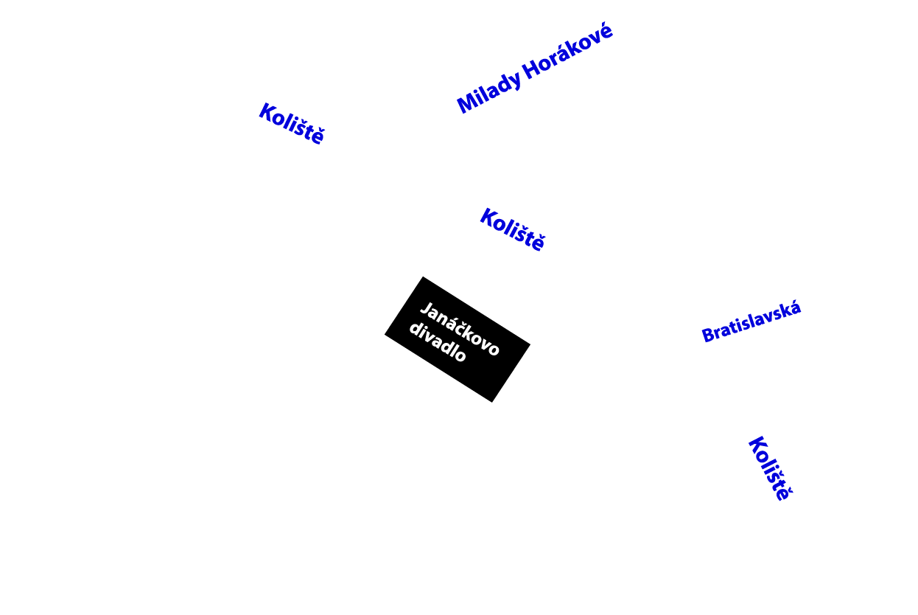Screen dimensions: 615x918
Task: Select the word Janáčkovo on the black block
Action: [460, 329]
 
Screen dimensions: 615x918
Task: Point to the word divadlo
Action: [438, 343]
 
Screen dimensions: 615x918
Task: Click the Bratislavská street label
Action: [751, 322]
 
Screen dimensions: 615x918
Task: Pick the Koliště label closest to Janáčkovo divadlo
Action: [512, 229]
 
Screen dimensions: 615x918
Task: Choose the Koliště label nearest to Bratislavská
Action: [768, 469]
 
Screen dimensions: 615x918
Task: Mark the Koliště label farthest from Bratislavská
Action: [291, 124]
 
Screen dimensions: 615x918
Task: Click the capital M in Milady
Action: [466, 104]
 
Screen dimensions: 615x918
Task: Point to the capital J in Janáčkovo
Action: [425, 308]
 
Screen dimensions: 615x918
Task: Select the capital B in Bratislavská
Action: [707, 336]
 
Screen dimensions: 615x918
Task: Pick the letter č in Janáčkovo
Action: [462, 330]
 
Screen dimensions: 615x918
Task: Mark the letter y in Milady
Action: [516, 82]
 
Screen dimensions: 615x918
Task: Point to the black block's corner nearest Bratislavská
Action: [530, 344]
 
